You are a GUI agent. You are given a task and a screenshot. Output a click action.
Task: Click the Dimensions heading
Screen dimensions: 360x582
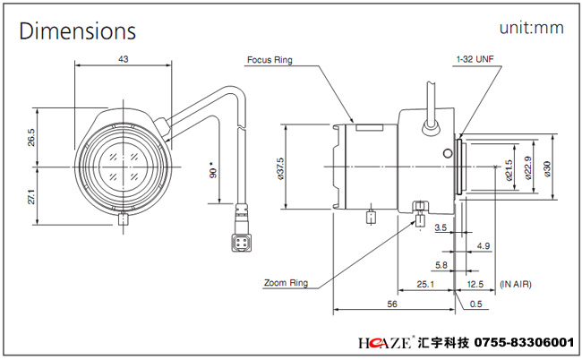click(78, 31)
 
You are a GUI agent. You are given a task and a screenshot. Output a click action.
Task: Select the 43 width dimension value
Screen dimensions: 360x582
click(122, 59)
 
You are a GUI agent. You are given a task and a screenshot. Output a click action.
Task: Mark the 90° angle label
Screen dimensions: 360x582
click(212, 170)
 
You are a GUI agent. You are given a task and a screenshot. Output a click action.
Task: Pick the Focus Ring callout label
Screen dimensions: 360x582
click(270, 61)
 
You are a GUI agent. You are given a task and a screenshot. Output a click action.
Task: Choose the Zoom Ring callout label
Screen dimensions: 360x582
click(286, 283)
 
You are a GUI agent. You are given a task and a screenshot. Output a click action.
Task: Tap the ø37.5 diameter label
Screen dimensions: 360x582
click(281, 167)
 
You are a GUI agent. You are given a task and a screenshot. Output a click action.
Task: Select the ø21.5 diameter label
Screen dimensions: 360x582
click(509, 168)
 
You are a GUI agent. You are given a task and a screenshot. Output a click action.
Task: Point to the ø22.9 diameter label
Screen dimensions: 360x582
click(528, 168)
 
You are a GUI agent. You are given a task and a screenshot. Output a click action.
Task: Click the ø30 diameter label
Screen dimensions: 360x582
click(547, 167)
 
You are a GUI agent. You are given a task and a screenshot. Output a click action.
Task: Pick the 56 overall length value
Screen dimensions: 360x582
click(392, 304)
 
